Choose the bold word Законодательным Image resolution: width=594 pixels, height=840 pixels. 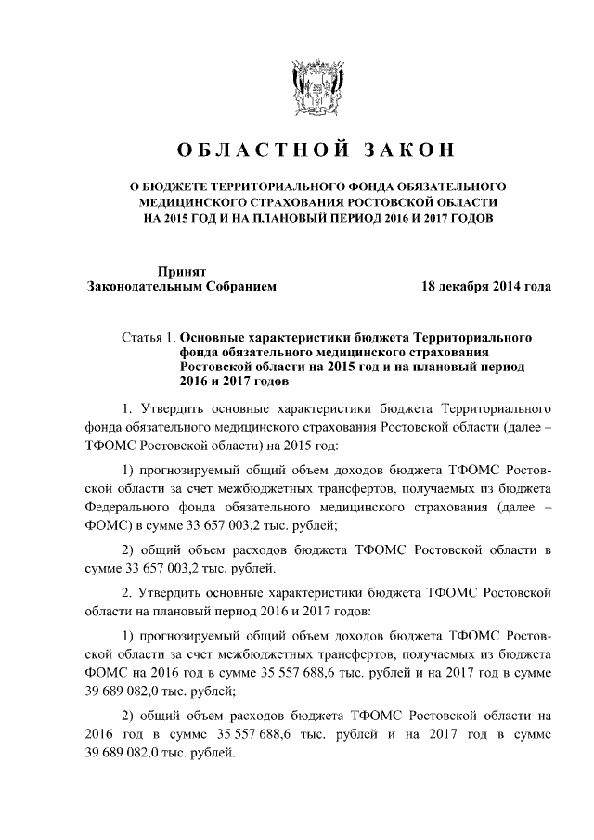pyautogui.click(x=142, y=287)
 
